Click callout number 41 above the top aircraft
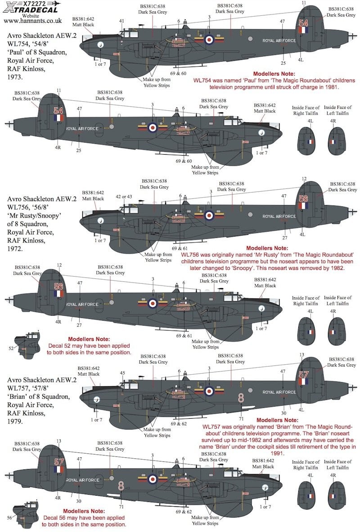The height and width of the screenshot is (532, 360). [121, 21]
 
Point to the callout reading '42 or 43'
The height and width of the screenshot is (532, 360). [124, 196]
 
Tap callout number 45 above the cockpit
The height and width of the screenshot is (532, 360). [122, 373]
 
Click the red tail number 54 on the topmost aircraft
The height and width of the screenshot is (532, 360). [304, 23]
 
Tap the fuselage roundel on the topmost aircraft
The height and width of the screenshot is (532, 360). [209, 40]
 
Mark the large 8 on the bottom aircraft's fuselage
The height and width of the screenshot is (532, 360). [121, 485]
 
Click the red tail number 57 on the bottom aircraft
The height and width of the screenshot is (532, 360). [59, 461]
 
